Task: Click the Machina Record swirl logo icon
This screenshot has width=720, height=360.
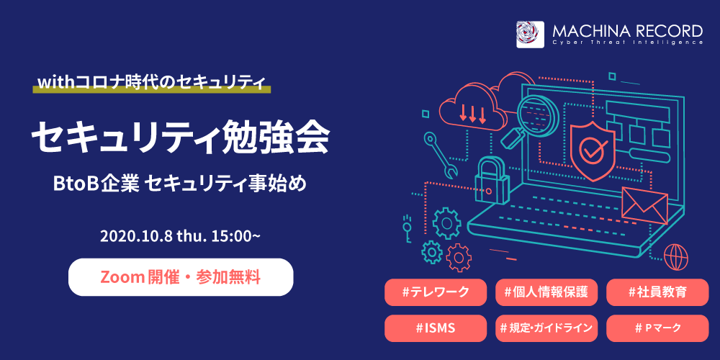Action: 530,35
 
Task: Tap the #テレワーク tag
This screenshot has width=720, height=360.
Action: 436,292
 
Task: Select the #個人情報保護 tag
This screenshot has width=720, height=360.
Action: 546,292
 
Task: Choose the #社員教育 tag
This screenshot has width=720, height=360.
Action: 657,292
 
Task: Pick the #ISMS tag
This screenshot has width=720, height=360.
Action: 436,328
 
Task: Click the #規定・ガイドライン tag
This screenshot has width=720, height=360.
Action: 546,328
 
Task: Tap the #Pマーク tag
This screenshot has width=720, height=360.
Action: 657,328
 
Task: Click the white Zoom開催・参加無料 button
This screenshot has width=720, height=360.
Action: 181,277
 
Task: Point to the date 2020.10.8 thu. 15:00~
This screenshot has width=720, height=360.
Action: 181,236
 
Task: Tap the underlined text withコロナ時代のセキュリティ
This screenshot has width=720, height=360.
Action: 151,83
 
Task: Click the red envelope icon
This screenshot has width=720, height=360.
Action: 644,206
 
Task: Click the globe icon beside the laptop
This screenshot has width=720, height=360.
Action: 676,256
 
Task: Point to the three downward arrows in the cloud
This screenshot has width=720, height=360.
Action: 472,114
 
